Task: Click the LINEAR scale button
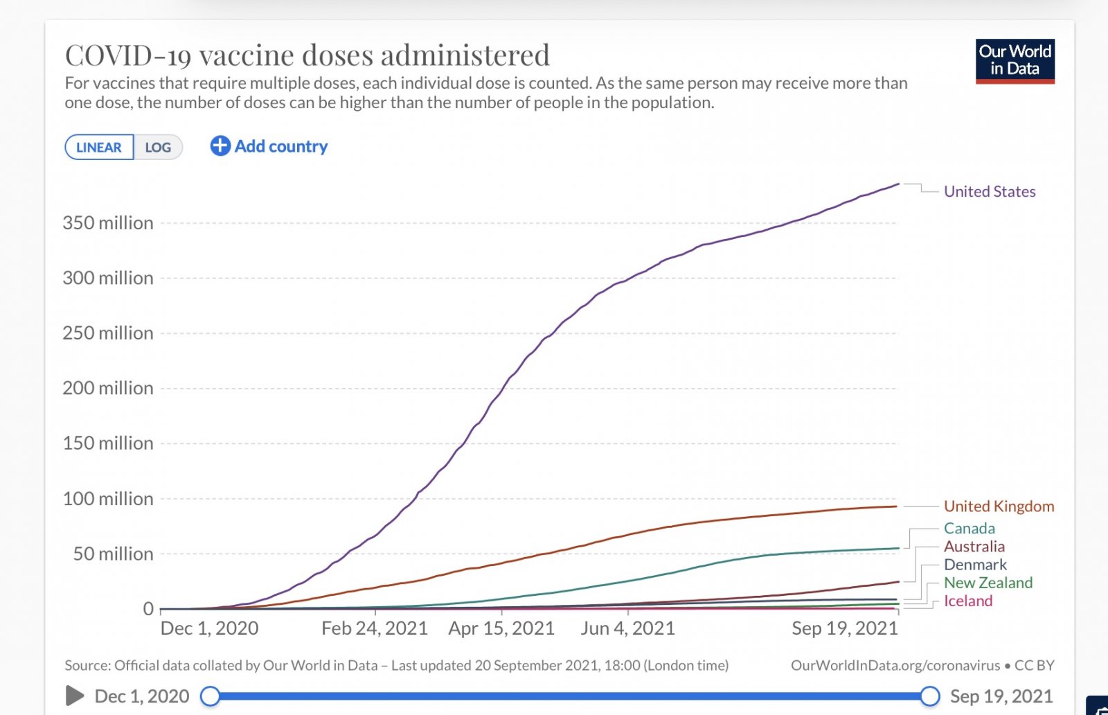pyautogui.click(x=99, y=148)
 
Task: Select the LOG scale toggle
pyautogui.click(x=158, y=148)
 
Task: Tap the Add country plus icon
pyautogui.click(x=220, y=146)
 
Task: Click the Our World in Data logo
pyautogui.click(x=1015, y=61)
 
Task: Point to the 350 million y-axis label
pyautogui.click(x=108, y=223)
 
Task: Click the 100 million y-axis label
pyautogui.click(x=108, y=499)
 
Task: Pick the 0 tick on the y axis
pyautogui.click(x=148, y=609)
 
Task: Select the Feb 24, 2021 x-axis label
pyautogui.click(x=375, y=628)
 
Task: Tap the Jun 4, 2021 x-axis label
pyautogui.click(x=627, y=628)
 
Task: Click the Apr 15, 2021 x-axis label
pyautogui.click(x=501, y=628)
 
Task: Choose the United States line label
pyautogui.click(x=990, y=192)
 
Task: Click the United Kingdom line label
pyautogui.click(x=999, y=506)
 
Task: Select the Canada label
pyautogui.click(x=969, y=529)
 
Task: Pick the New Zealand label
pyautogui.click(x=988, y=583)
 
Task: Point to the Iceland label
pyautogui.click(x=967, y=601)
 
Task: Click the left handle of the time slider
pyautogui.click(x=210, y=696)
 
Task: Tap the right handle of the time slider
pyautogui.click(x=930, y=696)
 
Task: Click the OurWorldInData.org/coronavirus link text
pyautogui.click(x=895, y=666)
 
